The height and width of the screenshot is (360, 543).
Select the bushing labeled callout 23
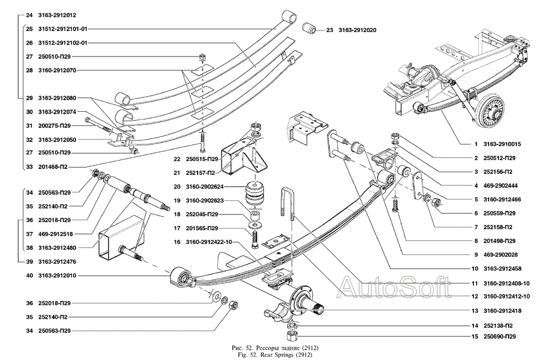pyautogui.click(x=311, y=28)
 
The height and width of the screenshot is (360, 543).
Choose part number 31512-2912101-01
pyautogui.click(x=62, y=29)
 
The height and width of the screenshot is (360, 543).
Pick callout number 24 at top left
pyautogui.click(x=28, y=15)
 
